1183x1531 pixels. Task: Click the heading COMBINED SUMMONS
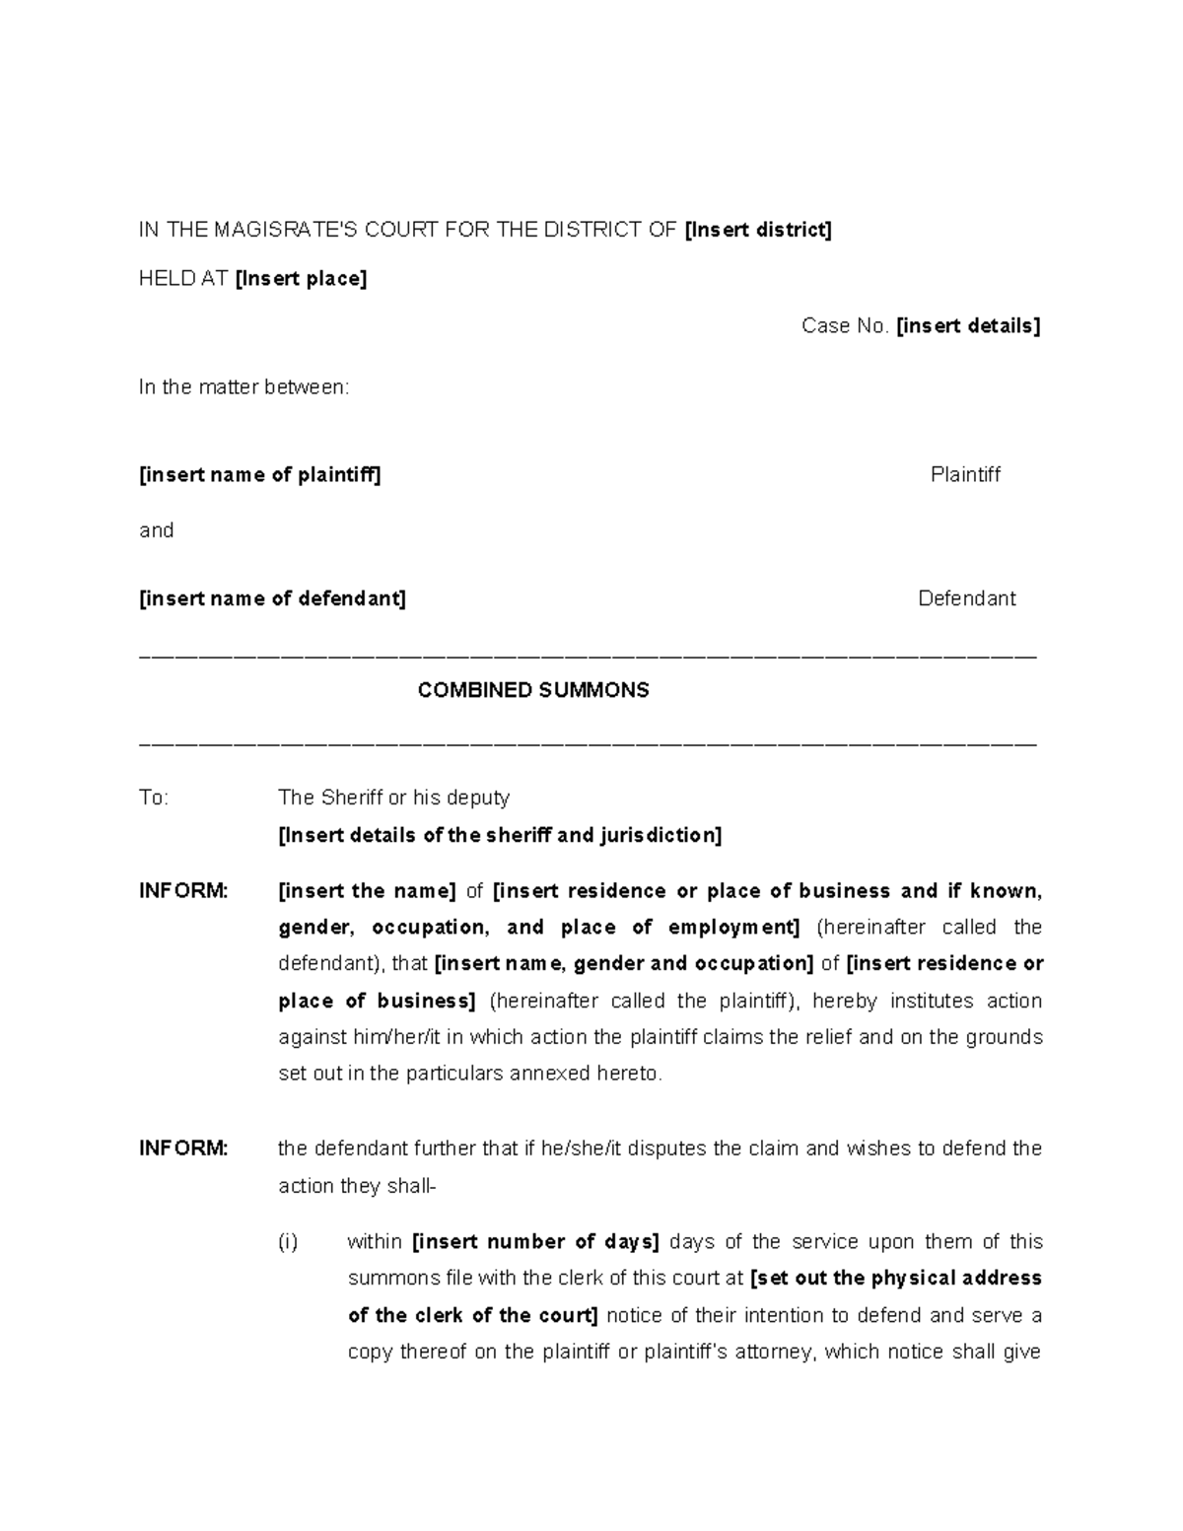(x=533, y=690)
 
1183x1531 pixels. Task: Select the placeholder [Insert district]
(x=758, y=231)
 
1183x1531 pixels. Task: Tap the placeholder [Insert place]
(x=301, y=279)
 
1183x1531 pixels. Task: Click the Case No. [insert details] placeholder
(x=967, y=326)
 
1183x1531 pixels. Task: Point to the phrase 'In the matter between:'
(x=244, y=387)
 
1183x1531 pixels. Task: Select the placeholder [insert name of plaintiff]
(x=259, y=475)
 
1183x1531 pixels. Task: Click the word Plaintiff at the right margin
(x=965, y=475)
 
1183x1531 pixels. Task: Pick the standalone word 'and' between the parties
(x=156, y=530)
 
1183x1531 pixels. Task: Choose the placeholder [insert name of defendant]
(x=272, y=598)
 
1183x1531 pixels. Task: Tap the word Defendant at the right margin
(x=966, y=598)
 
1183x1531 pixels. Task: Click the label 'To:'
(x=154, y=798)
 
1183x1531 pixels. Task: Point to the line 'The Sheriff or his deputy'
(x=393, y=798)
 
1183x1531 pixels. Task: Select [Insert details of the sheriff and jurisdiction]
(x=500, y=836)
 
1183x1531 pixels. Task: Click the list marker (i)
(x=287, y=1242)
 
